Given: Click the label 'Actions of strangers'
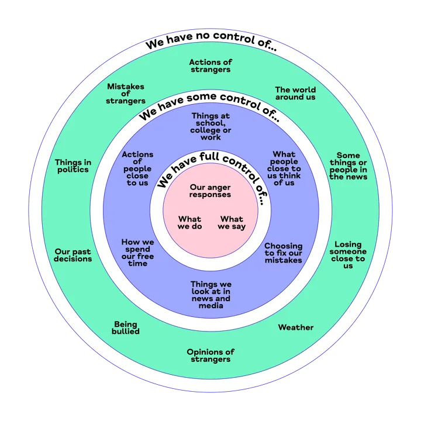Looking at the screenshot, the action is [210, 65].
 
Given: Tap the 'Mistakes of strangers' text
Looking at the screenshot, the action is [126, 94].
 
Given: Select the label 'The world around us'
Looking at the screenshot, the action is [295, 94].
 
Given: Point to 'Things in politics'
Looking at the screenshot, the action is [73, 166].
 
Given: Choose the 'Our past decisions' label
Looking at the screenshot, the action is [73, 255].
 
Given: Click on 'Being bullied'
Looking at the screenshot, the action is [126, 328].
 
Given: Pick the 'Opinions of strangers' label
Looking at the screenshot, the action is [210, 356].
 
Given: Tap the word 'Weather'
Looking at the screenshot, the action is [296, 327].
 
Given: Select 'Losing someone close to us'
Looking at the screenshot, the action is [348, 255].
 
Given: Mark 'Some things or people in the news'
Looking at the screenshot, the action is [348, 166].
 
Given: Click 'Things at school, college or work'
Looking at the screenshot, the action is [210, 126].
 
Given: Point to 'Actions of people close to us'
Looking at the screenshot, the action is [137, 168].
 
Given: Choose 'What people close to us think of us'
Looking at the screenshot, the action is [284, 168].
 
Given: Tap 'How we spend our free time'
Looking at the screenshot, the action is [137, 253].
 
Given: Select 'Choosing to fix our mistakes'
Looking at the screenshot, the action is [284, 253].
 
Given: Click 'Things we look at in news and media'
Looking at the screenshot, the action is [210, 295].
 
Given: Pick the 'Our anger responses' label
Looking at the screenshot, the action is [210, 191].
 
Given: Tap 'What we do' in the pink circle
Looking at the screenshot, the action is [189, 223].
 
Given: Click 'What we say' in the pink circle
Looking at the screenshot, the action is [232, 223].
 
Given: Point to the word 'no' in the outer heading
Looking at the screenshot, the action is [202, 36].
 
